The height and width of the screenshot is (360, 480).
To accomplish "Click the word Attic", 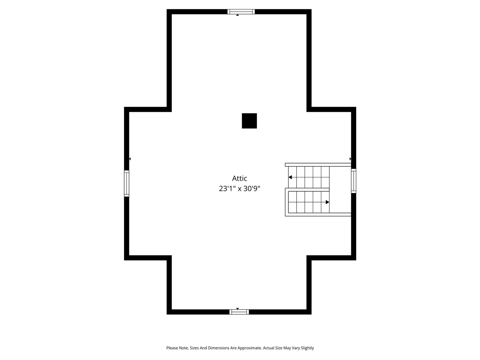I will [x=240, y=178].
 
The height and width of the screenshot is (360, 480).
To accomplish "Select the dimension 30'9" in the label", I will [x=252, y=189].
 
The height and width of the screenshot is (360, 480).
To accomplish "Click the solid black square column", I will [x=249, y=121].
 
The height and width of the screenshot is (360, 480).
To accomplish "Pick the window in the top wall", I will [x=241, y=12].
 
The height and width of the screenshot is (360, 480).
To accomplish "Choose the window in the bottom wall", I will [x=239, y=312].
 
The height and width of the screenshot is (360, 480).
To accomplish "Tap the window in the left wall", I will [x=127, y=183].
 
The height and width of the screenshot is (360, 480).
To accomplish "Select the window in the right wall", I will [x=354, y=181].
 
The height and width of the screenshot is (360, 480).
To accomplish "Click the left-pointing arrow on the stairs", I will [x=290, y=177].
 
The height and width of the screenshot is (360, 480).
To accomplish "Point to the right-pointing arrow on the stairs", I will [x=327, y=202].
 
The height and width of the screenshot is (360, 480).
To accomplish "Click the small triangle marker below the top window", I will [x=237, y=15].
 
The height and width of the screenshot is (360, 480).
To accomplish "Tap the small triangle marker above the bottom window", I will [x=237, y=309].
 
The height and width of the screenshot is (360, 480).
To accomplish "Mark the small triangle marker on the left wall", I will [x=130, y=159].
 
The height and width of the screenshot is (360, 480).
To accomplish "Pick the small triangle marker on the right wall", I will [x=350, y=159].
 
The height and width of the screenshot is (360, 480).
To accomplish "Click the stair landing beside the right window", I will [x=340, y=189].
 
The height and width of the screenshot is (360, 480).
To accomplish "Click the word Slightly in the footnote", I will [x=307, y=348].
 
